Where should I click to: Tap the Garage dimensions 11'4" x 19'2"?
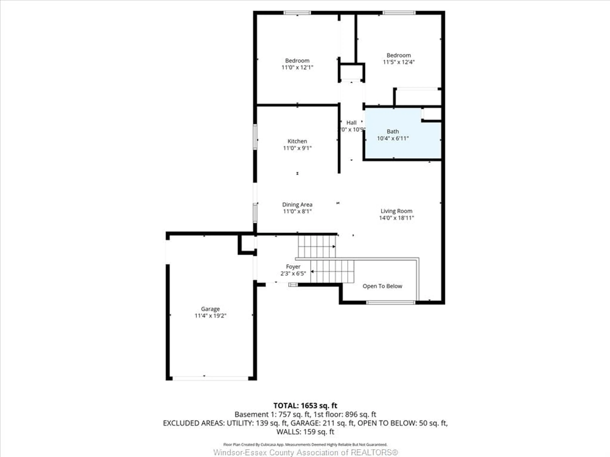point(210,316)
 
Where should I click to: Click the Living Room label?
point(396,211)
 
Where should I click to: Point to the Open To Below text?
point(382,286)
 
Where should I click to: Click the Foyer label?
point(293,267)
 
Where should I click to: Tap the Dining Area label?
point(297,205)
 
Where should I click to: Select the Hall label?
point(351,123)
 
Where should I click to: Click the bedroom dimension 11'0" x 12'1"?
point(297,67)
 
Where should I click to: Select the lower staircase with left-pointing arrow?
point(332,271)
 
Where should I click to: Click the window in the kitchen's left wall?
point(255,137)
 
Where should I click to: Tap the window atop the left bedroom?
point(297,13)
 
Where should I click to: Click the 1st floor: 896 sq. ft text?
point(345,414)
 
